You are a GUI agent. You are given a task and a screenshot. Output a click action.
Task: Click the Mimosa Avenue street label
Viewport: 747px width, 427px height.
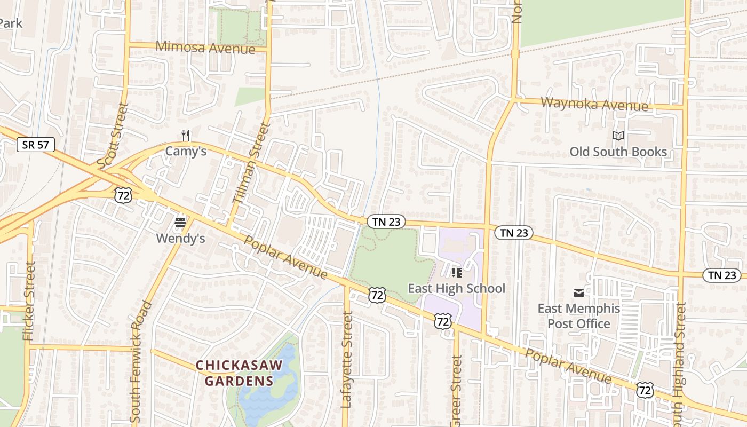coord(205,47)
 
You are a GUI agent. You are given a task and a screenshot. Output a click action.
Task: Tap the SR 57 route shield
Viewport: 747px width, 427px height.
coord(36,145)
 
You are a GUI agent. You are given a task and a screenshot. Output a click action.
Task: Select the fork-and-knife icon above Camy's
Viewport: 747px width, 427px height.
coord(186,135)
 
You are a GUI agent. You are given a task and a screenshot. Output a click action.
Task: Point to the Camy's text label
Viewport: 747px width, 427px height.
coord(186,151)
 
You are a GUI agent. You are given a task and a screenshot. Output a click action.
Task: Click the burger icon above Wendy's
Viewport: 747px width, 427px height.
coord(180,222)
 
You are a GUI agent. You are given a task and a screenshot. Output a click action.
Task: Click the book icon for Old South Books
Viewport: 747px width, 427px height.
coord(618,136)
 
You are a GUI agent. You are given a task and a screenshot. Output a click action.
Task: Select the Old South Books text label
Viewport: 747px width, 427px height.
coord(618,152)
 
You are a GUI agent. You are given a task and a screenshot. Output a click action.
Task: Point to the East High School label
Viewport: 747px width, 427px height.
coord(456,289)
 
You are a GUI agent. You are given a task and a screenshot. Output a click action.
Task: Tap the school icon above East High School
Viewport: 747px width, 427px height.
coord(456,273)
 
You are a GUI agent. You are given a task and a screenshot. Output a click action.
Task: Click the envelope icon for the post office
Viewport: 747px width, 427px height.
coord(579,292)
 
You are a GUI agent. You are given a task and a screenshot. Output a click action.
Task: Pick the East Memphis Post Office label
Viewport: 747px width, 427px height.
coord(579,316)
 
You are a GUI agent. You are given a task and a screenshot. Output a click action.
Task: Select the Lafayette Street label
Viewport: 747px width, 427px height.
coord(347,360)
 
